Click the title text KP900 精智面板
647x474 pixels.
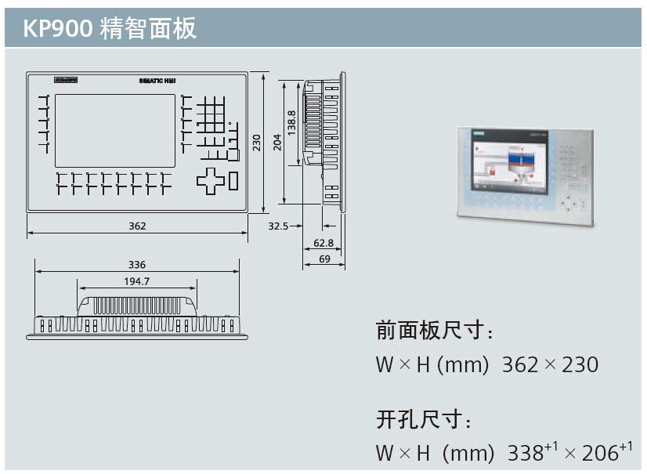(x=110, y=29)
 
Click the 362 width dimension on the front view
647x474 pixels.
(x=137, y=226)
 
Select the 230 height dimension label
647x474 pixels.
(x=256, y=142)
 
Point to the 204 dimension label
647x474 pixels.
(x=277, y=142)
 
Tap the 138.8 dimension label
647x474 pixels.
(x=292, y=124)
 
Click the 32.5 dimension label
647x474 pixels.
(x=278, y=226)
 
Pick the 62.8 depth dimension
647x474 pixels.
(x=323, y=243)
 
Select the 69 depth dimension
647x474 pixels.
(x=323, y=259)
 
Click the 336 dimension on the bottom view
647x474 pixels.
(x=137, y=265)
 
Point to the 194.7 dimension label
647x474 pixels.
(x=137, y=281)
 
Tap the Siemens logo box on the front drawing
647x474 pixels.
(x=66, y=80)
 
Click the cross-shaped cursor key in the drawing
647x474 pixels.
(x=210, y=180)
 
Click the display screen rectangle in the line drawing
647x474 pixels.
(x=115, y=130)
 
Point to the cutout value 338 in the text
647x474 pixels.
(x=526, y=454)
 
